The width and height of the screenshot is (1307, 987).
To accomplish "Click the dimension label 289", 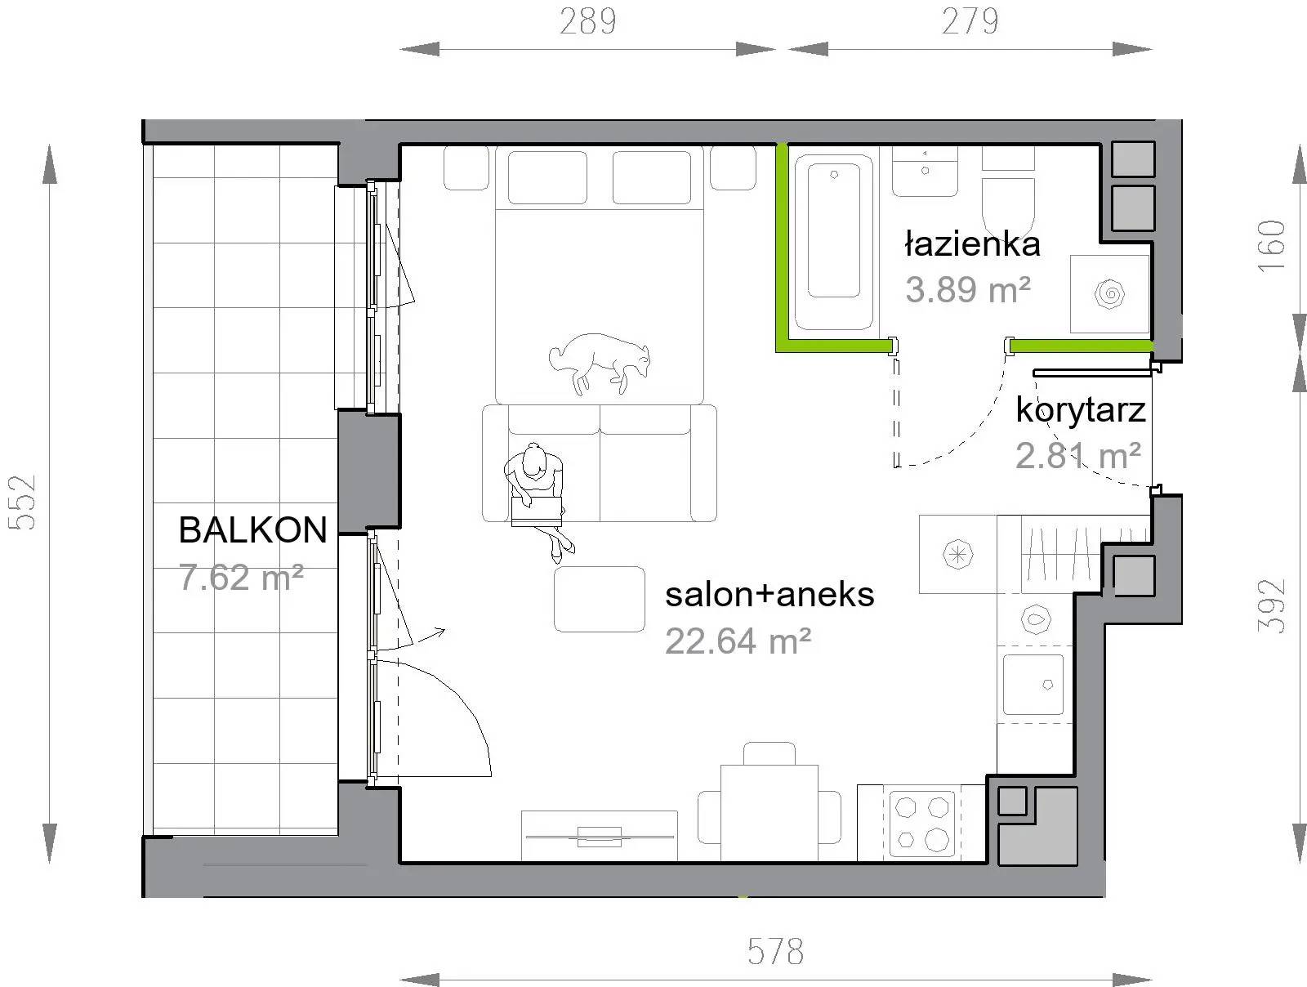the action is (587, 21).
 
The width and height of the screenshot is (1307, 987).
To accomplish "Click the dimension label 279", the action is (970, 21).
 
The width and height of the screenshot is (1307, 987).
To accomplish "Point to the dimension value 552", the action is (23, 502).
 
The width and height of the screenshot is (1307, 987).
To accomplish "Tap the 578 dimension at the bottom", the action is (775, 951).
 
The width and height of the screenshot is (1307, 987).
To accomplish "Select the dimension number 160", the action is (1271, 247).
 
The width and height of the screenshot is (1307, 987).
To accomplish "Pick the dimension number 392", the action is (1271, 606).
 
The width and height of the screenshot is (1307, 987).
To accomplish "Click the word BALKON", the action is (253, 529).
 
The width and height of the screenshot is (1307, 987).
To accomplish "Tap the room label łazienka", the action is (972, 244).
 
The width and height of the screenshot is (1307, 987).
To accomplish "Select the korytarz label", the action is (1080, 411).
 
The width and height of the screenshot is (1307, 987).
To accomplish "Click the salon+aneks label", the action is (769, 594).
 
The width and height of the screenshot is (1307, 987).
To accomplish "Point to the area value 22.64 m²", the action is (738, 641).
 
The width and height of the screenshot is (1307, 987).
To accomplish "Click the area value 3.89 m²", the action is (968, 290).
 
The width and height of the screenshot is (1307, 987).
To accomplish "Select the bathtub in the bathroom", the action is (834, 243).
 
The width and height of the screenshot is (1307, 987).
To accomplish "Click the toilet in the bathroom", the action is (1007, 192).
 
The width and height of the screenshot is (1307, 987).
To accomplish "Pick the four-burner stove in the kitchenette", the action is (921, 824).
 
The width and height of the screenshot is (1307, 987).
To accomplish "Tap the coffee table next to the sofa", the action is (599, 599).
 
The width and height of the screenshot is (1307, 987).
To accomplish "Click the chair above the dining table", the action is (769, 753).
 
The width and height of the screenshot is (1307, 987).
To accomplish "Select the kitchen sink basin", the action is (1033, 685).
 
